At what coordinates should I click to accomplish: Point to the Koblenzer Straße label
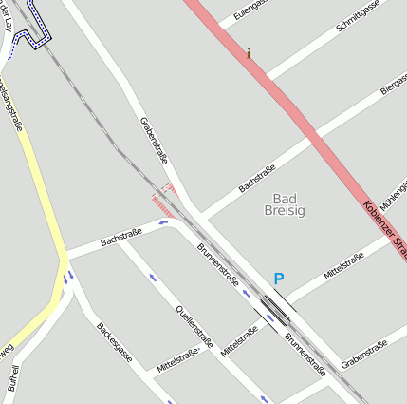pos(383,225)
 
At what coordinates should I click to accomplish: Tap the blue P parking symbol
pos(278,279)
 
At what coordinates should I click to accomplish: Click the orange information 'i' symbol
pos(249,54)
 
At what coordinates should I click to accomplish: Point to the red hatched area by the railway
pos(165,203)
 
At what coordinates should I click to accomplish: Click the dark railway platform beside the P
pos(276,305)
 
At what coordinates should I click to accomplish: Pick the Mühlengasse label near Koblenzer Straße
pos(393,194)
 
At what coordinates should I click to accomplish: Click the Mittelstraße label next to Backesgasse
pos(177,357)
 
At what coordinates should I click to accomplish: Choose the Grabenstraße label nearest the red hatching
pos(154,140)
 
